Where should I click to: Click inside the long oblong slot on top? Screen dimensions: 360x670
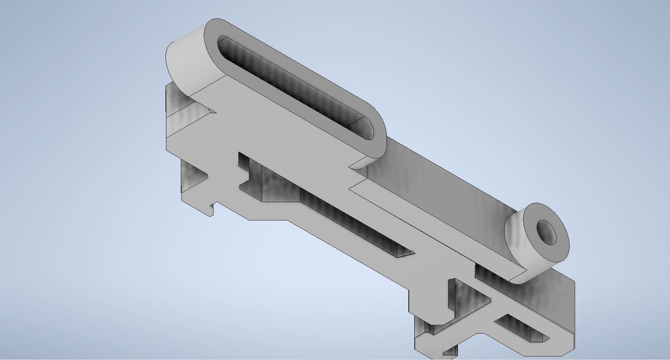(293, 84)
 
